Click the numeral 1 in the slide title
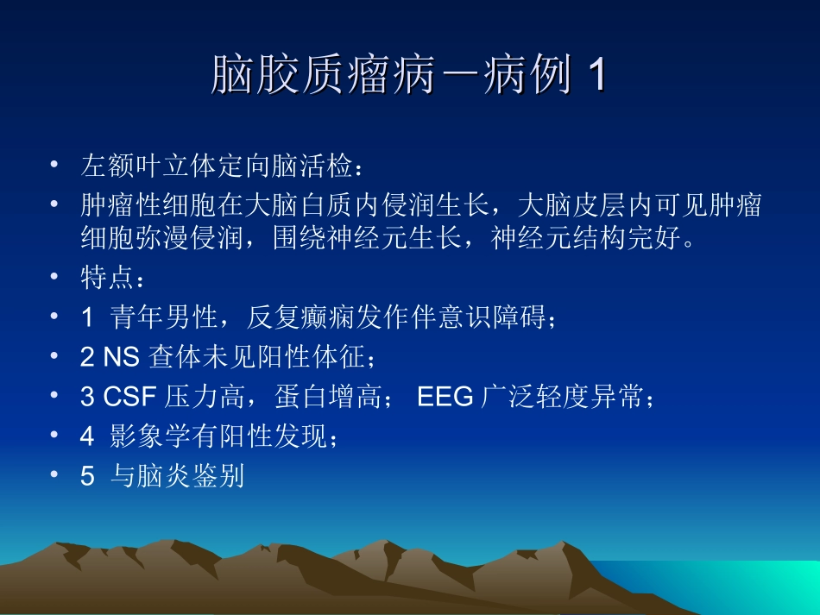click(595, 77)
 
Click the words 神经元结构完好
click(586, 237)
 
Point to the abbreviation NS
click(123, 357)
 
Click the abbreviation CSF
click(129, 398)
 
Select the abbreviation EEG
click(445, 398)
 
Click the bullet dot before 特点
click(54, 278)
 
